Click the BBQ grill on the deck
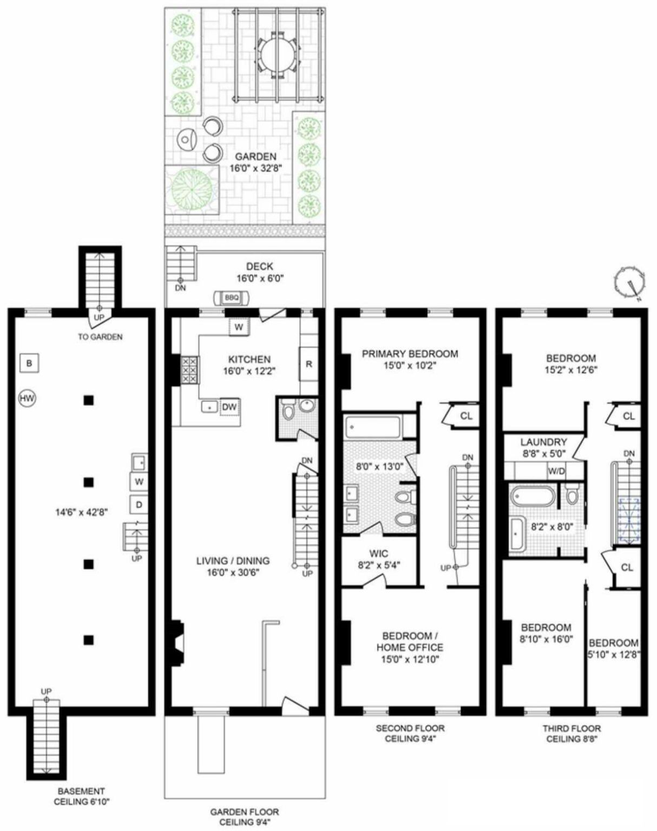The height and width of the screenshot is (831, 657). (x=232, y=298)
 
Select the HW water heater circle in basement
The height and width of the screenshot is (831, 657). (x=27, y=398)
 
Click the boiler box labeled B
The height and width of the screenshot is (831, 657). (x=29, y=362)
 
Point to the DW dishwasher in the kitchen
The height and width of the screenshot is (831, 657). (x=230, y=407)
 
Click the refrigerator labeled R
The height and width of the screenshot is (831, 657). (x=308, y=364)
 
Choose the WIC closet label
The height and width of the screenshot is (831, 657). (x=378, y=553)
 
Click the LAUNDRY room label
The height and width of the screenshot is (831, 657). (x=543, y=442)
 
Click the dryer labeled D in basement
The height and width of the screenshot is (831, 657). (x=139, y=504)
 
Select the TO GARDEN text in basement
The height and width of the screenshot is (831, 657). (x=100, y=337)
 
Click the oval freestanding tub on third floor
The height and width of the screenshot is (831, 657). (x=533, y=496)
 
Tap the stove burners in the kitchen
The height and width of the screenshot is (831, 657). (x=189, y=370)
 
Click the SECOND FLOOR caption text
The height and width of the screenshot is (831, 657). (x=410, y=728)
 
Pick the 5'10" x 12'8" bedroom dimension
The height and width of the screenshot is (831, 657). (x=613, y=655)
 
